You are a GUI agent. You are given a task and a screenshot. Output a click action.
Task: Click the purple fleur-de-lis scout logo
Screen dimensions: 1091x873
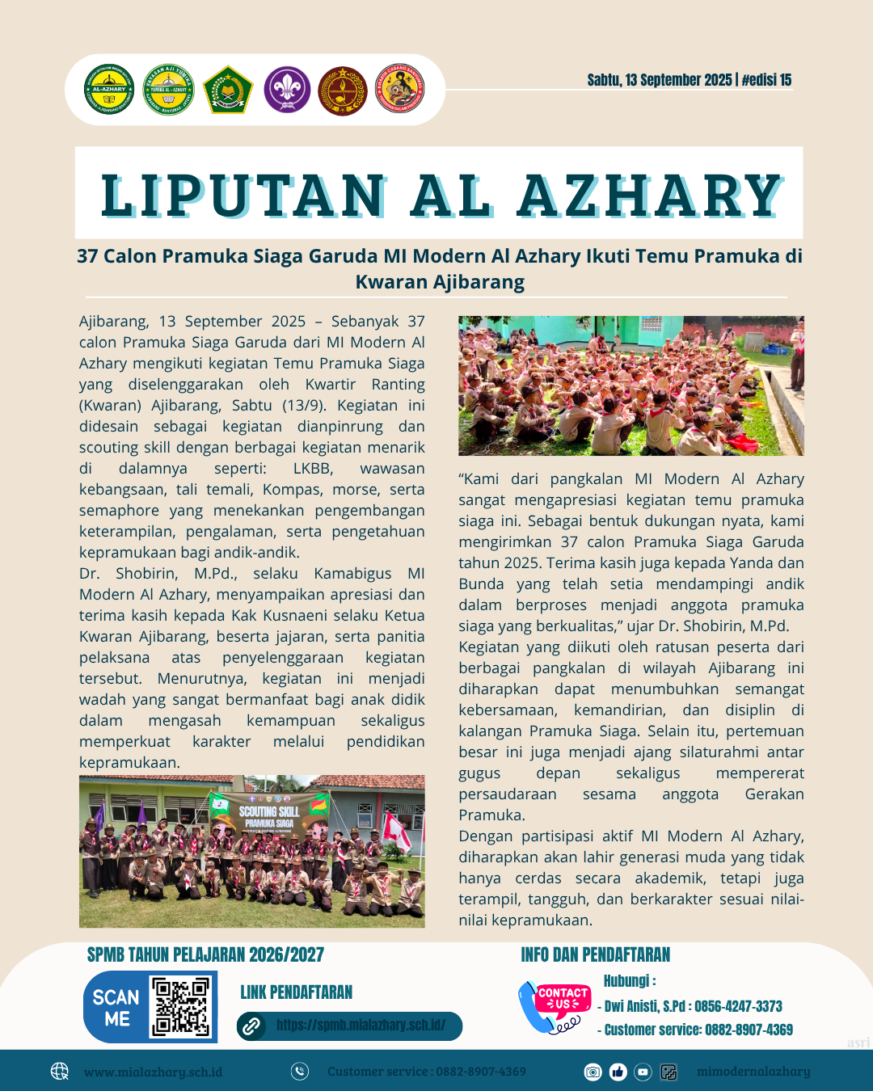[287, 89]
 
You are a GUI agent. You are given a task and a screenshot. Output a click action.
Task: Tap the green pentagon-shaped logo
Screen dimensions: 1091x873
[229, 90]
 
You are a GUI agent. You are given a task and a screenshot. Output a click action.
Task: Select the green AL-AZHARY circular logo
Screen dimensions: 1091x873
[109, 89]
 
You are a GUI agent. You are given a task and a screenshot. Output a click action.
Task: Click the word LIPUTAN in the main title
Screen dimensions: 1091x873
[243, 196]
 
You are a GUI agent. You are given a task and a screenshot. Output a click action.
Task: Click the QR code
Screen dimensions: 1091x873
[181, 1006]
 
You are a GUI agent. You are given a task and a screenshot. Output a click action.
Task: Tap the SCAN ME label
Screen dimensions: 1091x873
[116, 1007]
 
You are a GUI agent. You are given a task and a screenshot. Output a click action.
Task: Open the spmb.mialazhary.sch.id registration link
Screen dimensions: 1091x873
[361, 1026]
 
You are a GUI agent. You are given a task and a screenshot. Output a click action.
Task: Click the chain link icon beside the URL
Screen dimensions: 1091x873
[251, 1026]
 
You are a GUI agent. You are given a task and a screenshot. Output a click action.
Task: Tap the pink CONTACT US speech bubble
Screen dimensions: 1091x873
[563, 998]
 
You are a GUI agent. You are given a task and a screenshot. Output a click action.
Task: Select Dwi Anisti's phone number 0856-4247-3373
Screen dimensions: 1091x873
[738, 1006]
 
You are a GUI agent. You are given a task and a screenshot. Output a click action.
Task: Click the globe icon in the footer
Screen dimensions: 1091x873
[60, 1072]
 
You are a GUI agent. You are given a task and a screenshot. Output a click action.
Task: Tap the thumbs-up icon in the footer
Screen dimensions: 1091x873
[618, 1072]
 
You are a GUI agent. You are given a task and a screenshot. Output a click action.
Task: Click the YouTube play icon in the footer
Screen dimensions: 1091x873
[643, 1072]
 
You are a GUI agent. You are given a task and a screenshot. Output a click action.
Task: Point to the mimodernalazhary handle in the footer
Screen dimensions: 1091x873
[753, 1072]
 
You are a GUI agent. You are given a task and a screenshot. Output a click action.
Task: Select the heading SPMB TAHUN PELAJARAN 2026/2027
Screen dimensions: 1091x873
[205, 955]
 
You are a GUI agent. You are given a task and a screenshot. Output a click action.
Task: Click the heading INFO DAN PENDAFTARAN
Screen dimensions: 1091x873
[596, 955]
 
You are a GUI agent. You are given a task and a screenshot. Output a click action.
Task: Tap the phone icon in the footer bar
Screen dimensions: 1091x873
[300, 1072]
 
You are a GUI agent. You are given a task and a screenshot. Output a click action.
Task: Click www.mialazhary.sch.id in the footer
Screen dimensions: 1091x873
[153, 1072]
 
